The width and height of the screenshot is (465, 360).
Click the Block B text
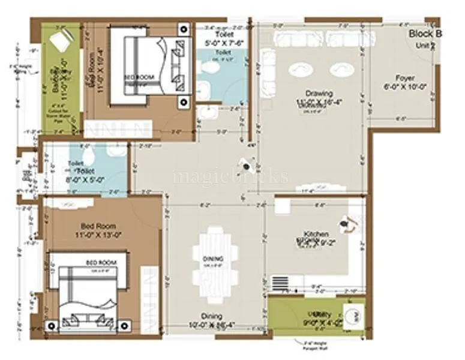click(x=425, y=34)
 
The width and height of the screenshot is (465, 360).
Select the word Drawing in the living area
click(x=319, y=93)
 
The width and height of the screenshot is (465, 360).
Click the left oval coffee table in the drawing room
click(x=301, y=70)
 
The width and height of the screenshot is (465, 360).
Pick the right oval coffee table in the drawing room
click(x=342, y=70)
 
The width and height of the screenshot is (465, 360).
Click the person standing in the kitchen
click(x=346, y=224)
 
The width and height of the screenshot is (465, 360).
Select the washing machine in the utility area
click(x=353, y=314)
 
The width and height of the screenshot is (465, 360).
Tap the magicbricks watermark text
click(x=231, y=176)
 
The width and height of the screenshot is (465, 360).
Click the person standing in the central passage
click(x=245, y=164)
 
